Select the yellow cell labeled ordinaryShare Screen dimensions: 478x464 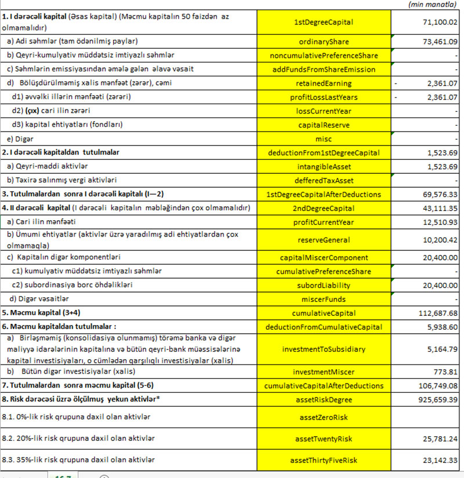(x=324, y=42)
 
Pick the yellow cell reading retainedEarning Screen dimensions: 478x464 (x=324, y=83)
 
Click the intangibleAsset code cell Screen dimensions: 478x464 (x=324, y=167)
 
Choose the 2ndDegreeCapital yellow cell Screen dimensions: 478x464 (x=324, y=209)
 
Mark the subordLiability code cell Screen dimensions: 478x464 (x=324, y=285)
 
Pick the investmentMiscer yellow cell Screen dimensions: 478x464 (x=324, y=371)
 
